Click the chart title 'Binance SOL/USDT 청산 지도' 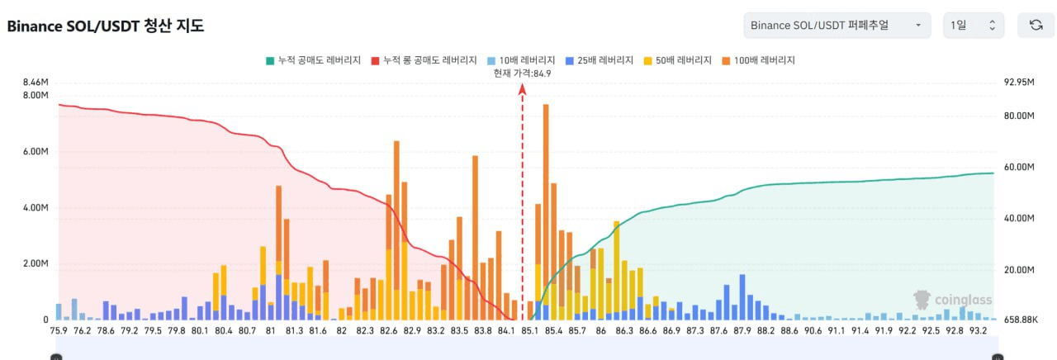pos(105,26)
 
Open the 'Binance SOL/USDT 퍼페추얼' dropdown pos(837,26)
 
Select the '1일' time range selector pos(974,26)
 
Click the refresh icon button pos(1036,26)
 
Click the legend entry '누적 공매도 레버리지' pos(313,60)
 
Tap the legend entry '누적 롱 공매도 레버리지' pos(424,60)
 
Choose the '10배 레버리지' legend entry pos(521,60)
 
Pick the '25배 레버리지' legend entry pos(600,60)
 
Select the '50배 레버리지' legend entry pos(678,60)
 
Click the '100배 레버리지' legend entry pos(758,60)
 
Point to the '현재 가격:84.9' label pos(522,73)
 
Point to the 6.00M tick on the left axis pos(37,152)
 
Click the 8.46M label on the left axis pos(37,82)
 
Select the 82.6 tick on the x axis pos(389,330)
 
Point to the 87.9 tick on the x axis pos(742,330)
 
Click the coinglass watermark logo pos(953,300)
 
